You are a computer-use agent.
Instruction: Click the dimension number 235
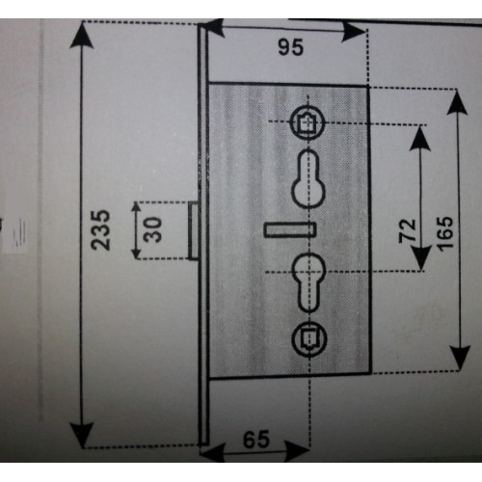100,229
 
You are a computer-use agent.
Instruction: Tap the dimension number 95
290,47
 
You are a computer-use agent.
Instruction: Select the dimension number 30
152,229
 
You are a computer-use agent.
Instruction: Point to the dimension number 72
408,230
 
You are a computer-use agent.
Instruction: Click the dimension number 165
445,232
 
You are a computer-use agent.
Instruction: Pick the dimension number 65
256,440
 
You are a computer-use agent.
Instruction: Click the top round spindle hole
308,122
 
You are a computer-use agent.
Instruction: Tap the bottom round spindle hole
309,340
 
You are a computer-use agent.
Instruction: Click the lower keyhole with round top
308,282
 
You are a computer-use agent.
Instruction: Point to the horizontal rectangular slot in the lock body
288,230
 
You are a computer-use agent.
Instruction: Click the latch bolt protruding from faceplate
194,230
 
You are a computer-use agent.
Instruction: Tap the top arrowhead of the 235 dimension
82,35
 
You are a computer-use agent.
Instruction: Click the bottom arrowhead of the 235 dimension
83,435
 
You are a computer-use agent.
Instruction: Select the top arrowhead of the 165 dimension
457,102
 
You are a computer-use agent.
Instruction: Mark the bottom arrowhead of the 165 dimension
461,358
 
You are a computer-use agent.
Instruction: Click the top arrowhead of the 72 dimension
420,138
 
